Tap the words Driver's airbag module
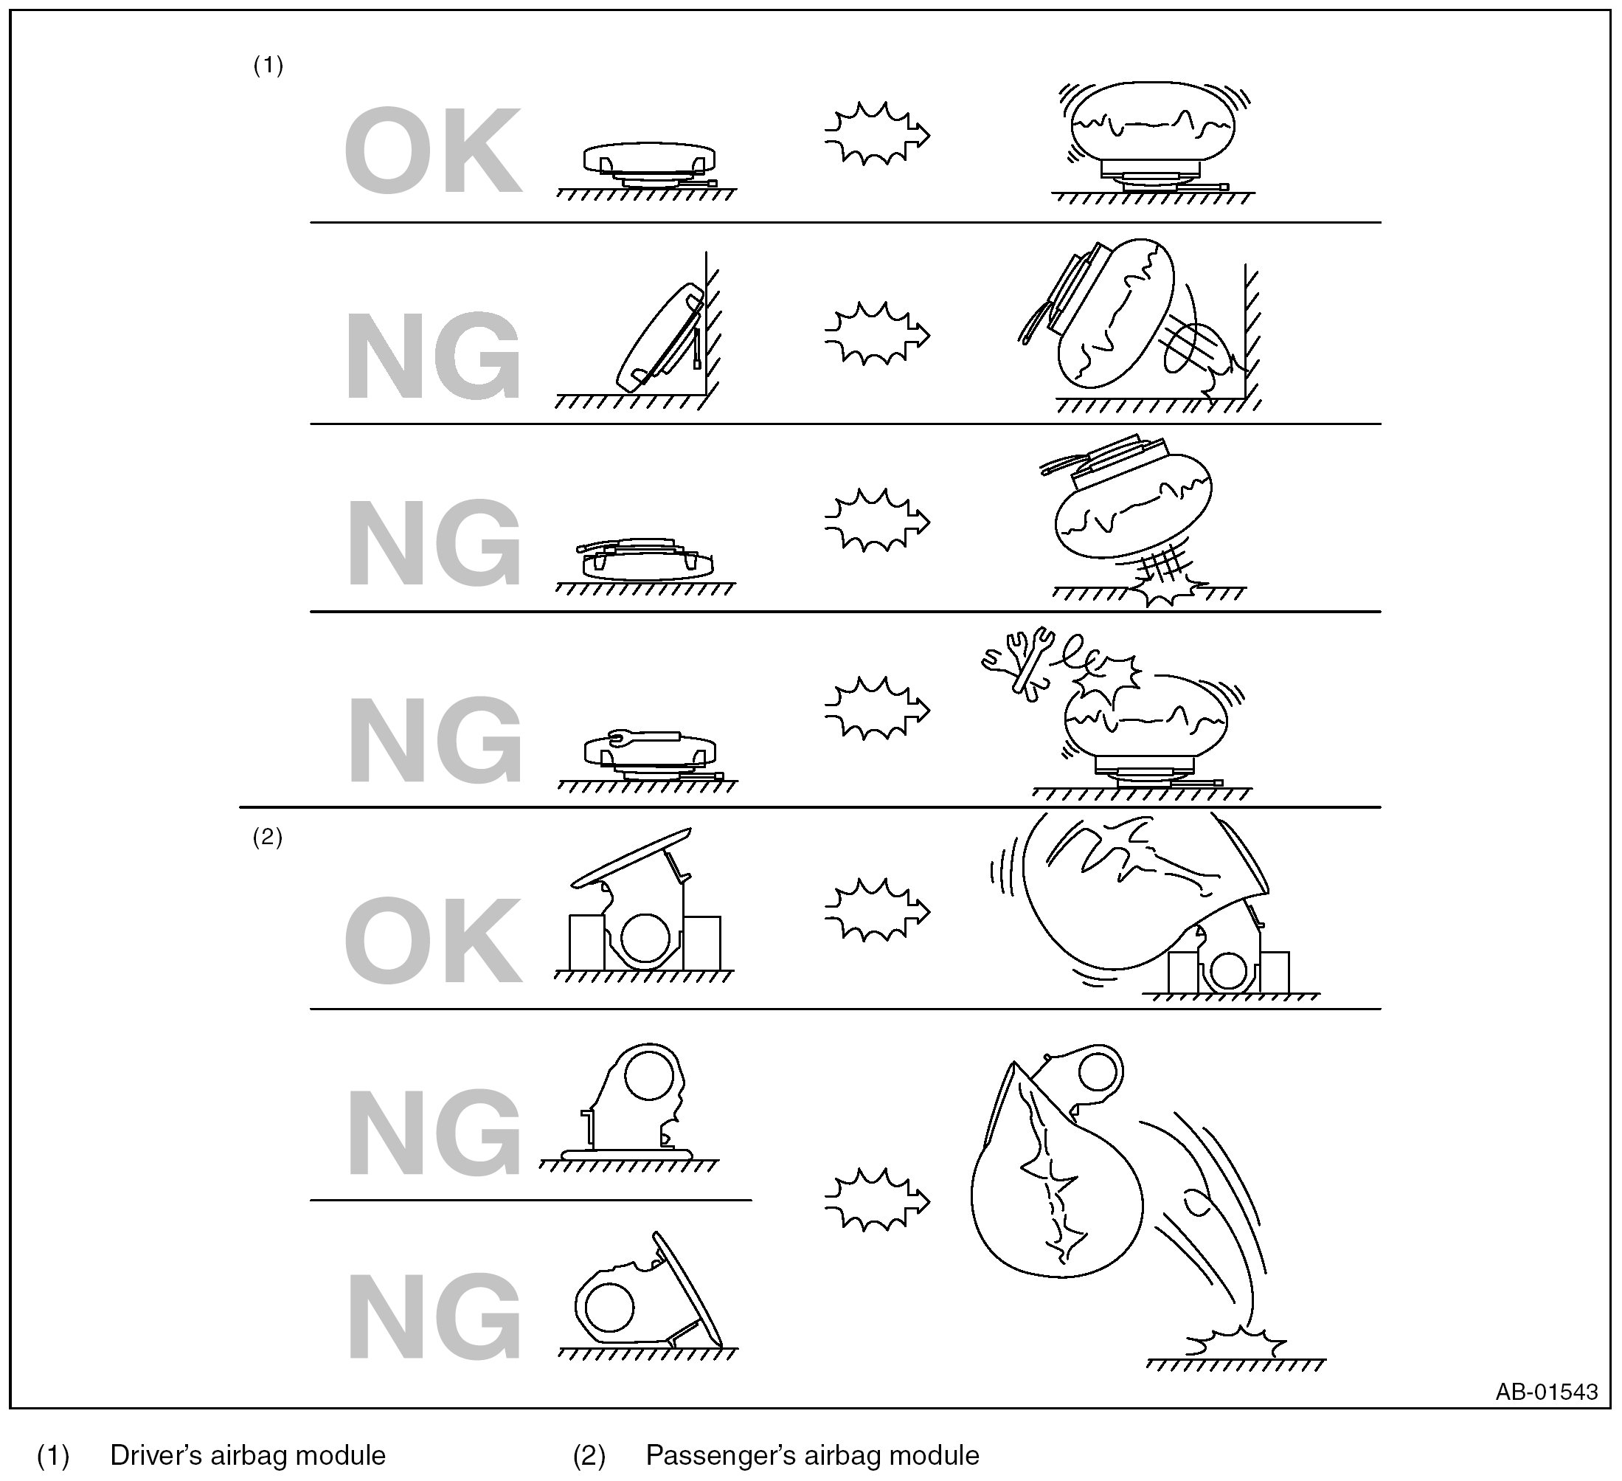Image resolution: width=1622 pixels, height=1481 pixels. pyautogui.click(x=248, y=1455)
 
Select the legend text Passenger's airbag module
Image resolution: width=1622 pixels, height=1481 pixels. pyautogui.click(x=813, y=1455)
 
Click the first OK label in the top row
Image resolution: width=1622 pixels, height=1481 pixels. pyautogui.click(x=433, y=151)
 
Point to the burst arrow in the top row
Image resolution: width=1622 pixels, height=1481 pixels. pyautogui.click(x=877, y=134)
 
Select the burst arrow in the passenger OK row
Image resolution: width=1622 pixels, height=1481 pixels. pyautogui.click(x=877, y=911)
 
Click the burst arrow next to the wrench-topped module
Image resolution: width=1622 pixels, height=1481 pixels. pyautogui.click(x=877, y=709)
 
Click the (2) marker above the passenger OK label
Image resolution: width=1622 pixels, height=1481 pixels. pyautogui.click(x=267, y=838)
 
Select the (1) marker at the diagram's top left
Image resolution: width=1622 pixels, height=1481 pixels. pyautogui.click(x=268, y=65)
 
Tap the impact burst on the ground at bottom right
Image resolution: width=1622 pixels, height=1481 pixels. pyautogui.click(x=1232, y=1342)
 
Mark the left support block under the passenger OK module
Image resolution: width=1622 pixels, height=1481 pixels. pyautogui.click(x=586, y=942)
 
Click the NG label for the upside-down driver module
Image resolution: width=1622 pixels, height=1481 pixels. pyautogui.click(x=433, y=541)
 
